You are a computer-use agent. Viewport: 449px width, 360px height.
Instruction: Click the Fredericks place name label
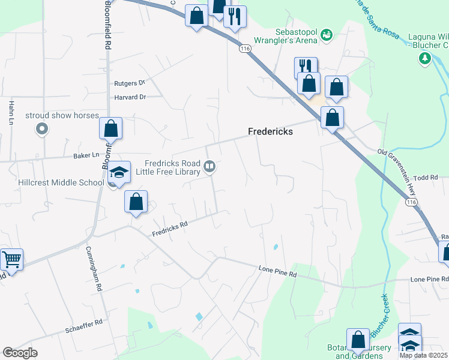click(x=271, y=131)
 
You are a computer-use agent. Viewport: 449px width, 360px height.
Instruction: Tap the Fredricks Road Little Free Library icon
click(x=209, y=166)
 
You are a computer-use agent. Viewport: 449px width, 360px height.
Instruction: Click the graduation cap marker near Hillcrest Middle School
click(x=119, y=173)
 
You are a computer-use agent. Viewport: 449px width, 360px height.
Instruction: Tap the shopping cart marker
click(x=11, y=260)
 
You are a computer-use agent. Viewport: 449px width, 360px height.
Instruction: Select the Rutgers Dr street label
click(x=130, y=83)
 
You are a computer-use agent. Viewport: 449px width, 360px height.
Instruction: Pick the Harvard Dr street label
click(x=130, y=97)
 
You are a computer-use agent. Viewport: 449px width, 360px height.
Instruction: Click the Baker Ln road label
click(x=86, y=155)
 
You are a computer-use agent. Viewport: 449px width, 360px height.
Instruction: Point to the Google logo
click(x=19, y=353)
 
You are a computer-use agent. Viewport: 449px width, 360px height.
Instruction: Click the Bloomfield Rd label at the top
click(x=107, y=24)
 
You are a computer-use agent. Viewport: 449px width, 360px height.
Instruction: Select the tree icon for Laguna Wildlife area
click(x=425, y=58)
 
